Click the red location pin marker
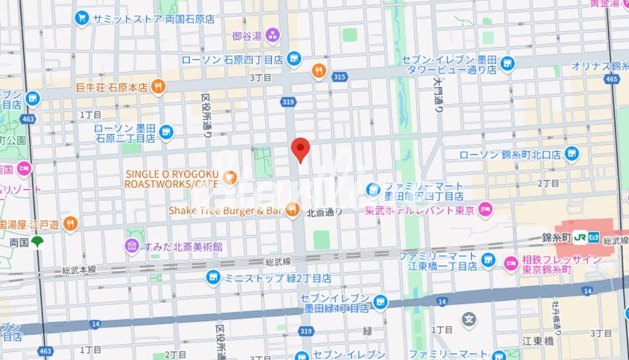pos(301,149)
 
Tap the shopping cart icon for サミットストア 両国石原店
pos(82,18)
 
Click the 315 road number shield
pos(340,77)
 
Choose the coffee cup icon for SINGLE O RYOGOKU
pos(230,178)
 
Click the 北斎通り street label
pos(324,212)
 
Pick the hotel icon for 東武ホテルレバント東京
pos(486,210)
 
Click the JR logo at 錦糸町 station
pos(580,237)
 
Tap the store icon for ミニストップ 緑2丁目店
pos(214,278)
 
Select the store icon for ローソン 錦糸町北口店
pos(571,154)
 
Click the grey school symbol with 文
pos(469,318)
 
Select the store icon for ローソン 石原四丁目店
pos(294,58)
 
